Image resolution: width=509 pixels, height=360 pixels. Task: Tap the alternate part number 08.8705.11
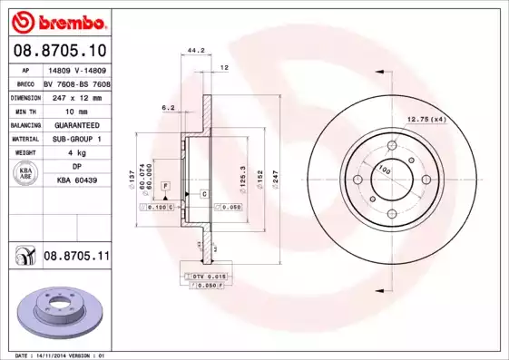(x=76, y=258)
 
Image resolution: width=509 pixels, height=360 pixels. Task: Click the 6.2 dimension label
(x=168, y=107)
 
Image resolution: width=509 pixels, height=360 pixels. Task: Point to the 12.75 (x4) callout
(x=426, y=120)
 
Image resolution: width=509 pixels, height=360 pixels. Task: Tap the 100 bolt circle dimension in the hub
(x=385, y=170)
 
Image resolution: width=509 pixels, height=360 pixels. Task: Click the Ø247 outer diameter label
(x=274, y=178)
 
